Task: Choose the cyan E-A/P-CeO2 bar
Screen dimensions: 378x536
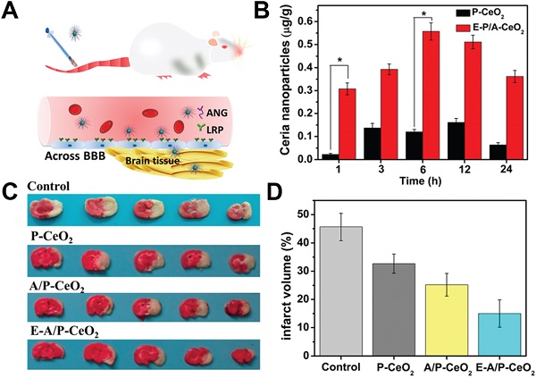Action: click(504, 333)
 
